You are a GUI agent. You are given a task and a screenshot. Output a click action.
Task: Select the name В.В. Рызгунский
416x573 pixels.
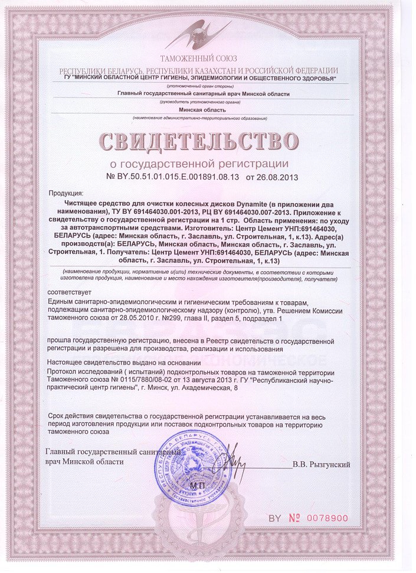point(322,465)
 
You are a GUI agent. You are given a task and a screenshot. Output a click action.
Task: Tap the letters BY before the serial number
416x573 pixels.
point(275,518)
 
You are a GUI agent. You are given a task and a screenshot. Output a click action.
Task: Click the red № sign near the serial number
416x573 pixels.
point(294,518)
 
